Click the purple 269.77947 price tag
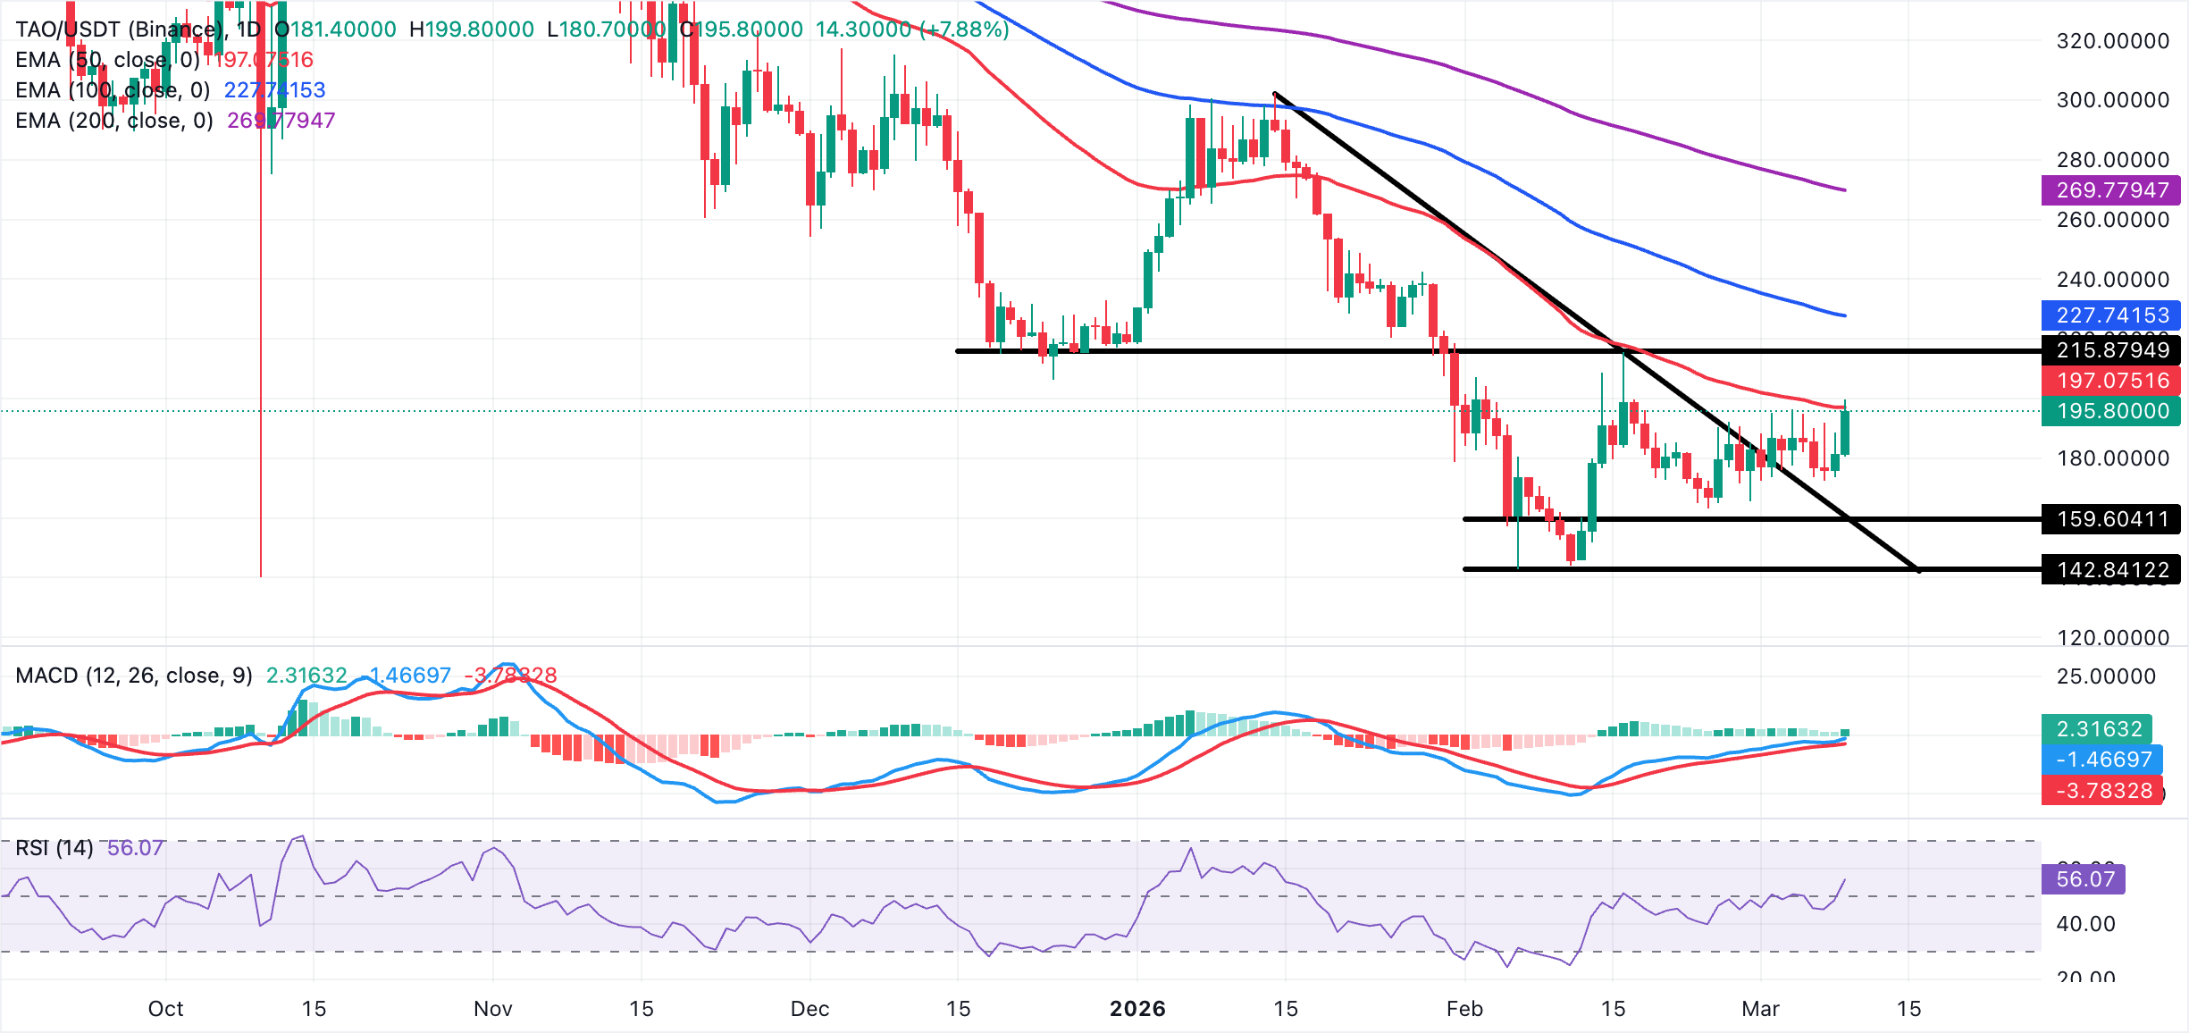[x=2110, y=189]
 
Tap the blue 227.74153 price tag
[x=2110, y=315]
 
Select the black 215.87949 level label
[x=2110, y=349]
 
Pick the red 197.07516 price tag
[x=2110, y=380]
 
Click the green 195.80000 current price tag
[x=2110, y=410]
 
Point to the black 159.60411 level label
[x=2110, y=518]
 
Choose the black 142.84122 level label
[x=2110, y=569]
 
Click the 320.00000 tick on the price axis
[x=2112, y=40]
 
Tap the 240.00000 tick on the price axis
[x=2112, y=279]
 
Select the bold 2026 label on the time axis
[x=1136, y=1008]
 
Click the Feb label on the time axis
[x=1464, y=1008]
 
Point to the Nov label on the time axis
[x=492, y=1008]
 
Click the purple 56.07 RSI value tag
[x=2084, y=878]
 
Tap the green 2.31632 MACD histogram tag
[x=2097, y=728]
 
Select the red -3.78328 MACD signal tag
[x=2102, y=790]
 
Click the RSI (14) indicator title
[x=55, y=847]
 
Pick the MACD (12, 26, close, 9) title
[x=134, y=675]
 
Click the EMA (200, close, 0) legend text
[x=114, y=120]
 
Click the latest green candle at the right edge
[x=1845, y=433]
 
